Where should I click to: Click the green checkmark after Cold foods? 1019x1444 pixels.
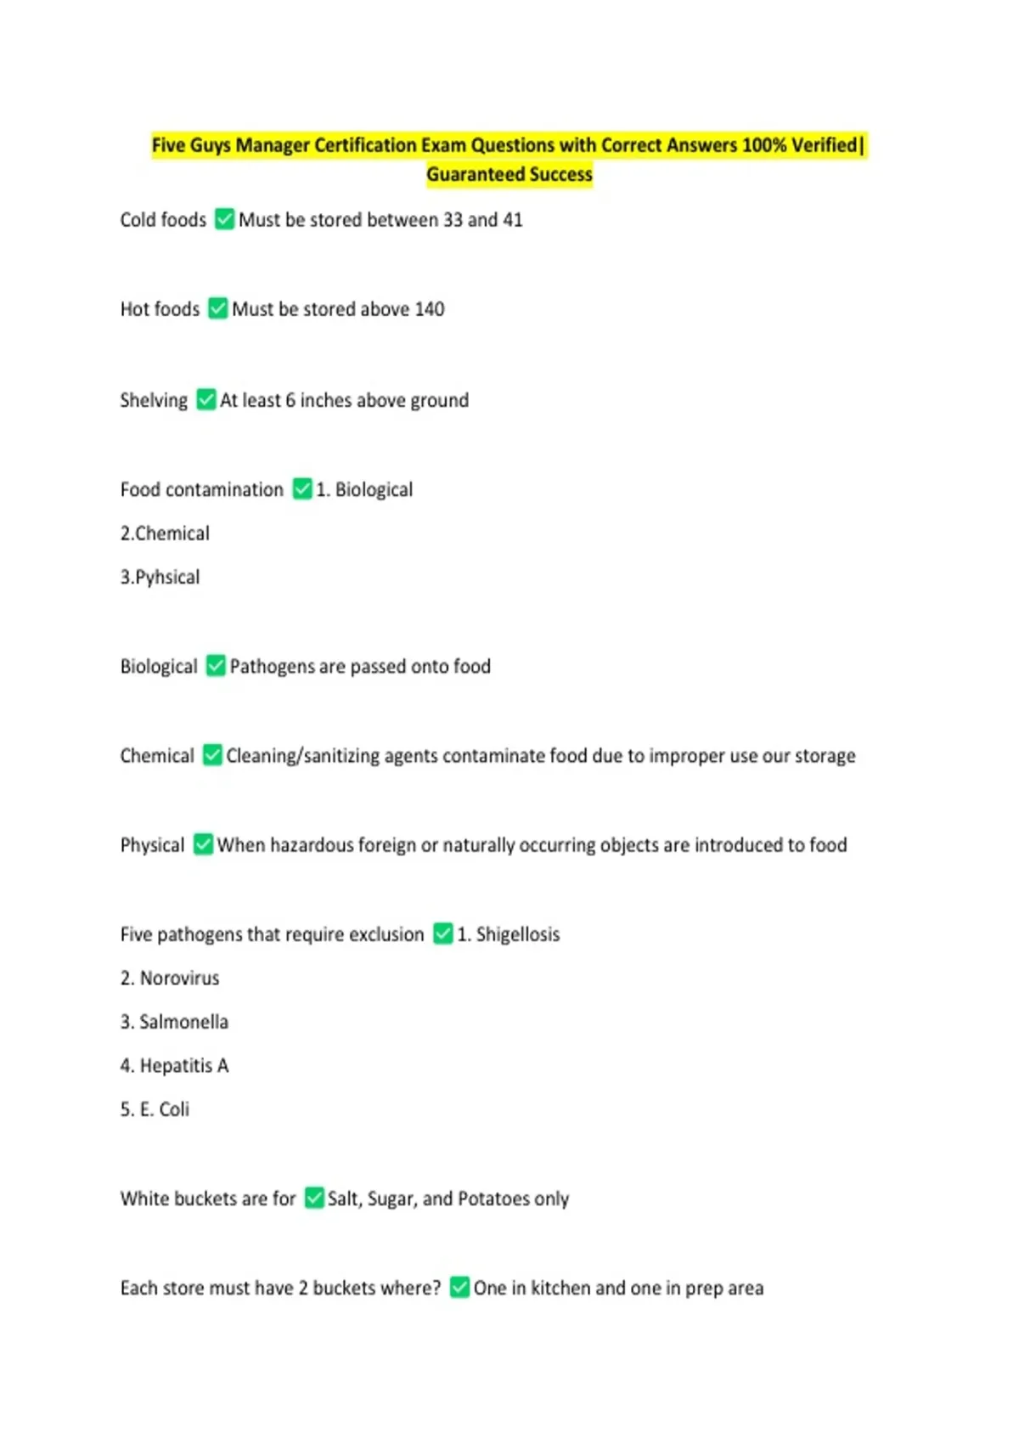pyautogui.click(x=224, y=219)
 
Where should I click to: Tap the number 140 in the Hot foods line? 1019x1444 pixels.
pyautogui.click(x=430, y=309)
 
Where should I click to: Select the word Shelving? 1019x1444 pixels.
pyautogui.click(x=154, y=400)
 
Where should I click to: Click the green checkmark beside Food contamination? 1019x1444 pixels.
pyautogui.click(x=302, y=488)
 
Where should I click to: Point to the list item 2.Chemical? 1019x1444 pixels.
pyautogui.click(x=165, y=533)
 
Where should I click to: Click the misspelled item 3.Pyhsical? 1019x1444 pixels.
pyautogui.click(x=160, y=578)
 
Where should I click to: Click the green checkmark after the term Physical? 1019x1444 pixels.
pyautogui.click(x=203, y=844)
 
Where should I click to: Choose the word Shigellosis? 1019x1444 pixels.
pyautogui.click(x=518, y=934)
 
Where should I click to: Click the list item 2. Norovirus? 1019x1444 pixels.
pyautogui.click(x=170, y=979)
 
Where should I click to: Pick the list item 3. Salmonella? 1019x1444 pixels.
pyautogui.click(x=174, y=1022)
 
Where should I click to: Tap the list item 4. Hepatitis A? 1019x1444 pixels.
pyautogui.click(x=174, y=1066)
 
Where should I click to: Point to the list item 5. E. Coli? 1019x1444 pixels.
pyautogui.click(x=155, y=1109)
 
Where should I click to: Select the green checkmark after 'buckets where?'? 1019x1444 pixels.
pyautogui.click(x=459, y=1287)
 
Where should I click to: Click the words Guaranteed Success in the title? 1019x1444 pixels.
pyautogui.click(x=509, y=175)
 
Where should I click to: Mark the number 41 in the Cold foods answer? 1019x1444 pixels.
pyautogui.click(x=513, y=220)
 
